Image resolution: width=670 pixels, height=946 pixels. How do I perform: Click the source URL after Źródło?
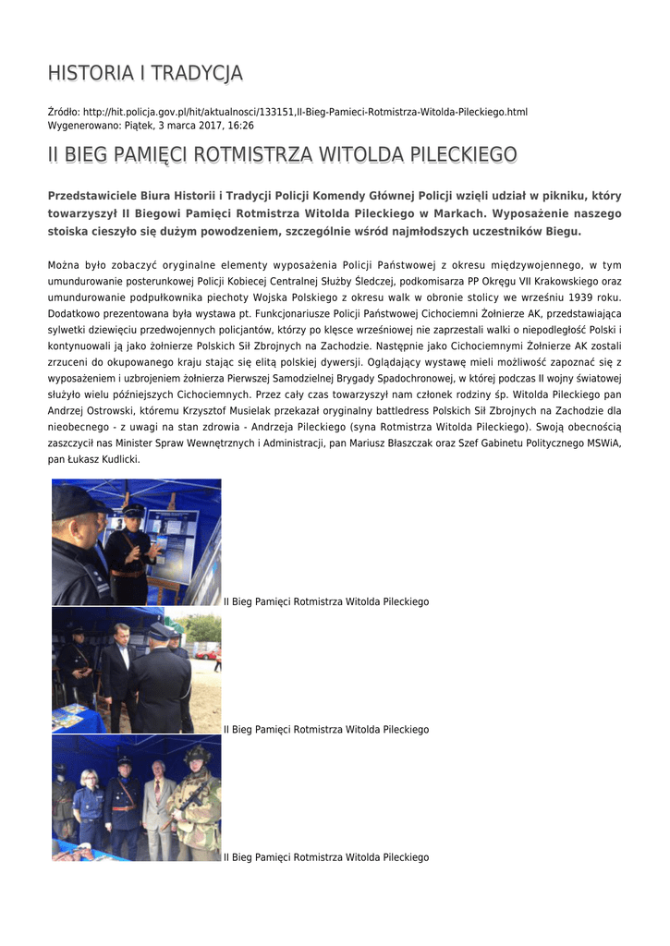pos(305,112)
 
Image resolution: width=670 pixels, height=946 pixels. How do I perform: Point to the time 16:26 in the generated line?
pos(242,125)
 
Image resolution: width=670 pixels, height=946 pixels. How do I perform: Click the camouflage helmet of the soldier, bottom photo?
pos(196,754)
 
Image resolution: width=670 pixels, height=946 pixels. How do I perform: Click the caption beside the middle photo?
pos(326,730)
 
